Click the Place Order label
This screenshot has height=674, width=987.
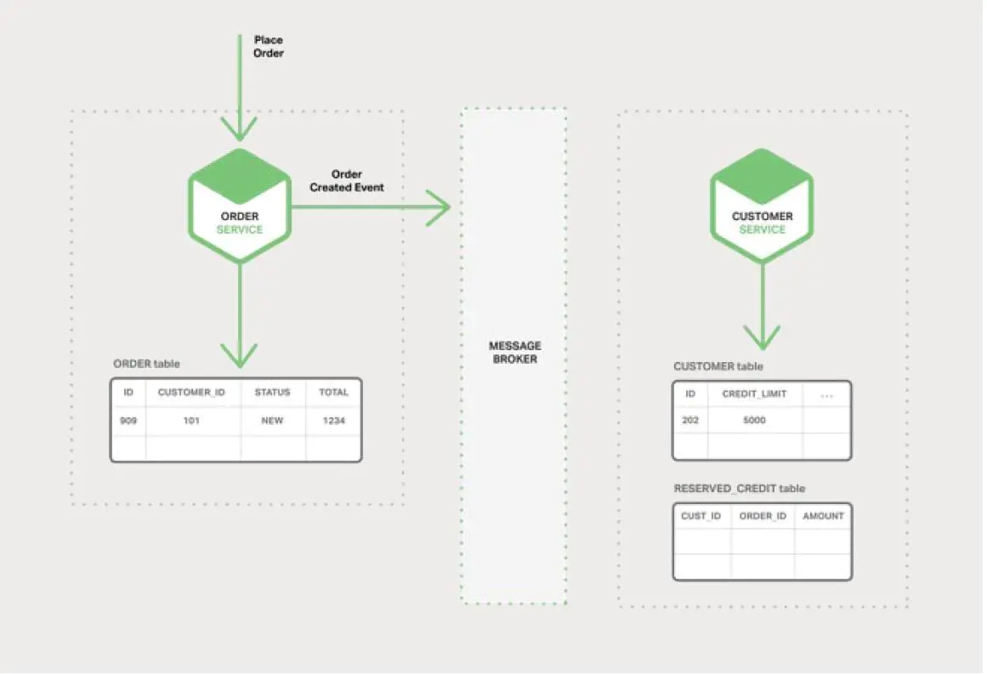pos(269,47)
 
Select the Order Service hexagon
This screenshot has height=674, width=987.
pos(240,206)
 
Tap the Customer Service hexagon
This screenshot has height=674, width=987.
pos(762,206)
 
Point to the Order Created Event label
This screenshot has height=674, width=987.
pos(346,181)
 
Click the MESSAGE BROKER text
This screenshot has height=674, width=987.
pos(514,353)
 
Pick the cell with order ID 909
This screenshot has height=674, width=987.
pos(128,421)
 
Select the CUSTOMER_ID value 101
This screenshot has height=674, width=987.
pos(192,421)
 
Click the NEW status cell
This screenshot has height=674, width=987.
pos(272,421)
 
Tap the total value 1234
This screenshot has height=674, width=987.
pos(334,421)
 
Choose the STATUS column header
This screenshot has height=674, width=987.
pos(272,393)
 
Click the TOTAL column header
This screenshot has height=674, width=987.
pos(334,393)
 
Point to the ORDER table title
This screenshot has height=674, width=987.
pos(146,364)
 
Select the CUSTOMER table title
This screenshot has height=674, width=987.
pos(718,366)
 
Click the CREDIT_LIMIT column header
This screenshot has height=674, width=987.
pos(754,394)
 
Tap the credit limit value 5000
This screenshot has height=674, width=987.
pos(754,421)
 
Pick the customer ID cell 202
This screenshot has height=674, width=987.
pos(690,421)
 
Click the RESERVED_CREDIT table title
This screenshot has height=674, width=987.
pos(739,489)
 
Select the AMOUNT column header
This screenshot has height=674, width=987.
pos(823,516)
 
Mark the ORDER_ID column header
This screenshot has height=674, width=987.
pos(763,516)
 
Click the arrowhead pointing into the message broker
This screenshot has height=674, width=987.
pos(440,207)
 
